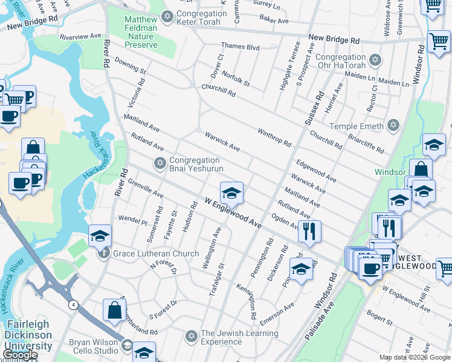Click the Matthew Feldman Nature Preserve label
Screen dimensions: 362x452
[x=140, y=31]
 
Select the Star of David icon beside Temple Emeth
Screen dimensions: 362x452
[x=393, y=126]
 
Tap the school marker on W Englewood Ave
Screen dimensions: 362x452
[x=231, y=193]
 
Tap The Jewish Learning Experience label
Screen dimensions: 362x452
[x=239, y=337]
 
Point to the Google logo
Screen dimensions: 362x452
[x=19, y=355]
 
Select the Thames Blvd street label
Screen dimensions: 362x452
[x=240, y=46]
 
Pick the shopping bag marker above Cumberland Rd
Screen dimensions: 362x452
[x=114, y=310]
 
